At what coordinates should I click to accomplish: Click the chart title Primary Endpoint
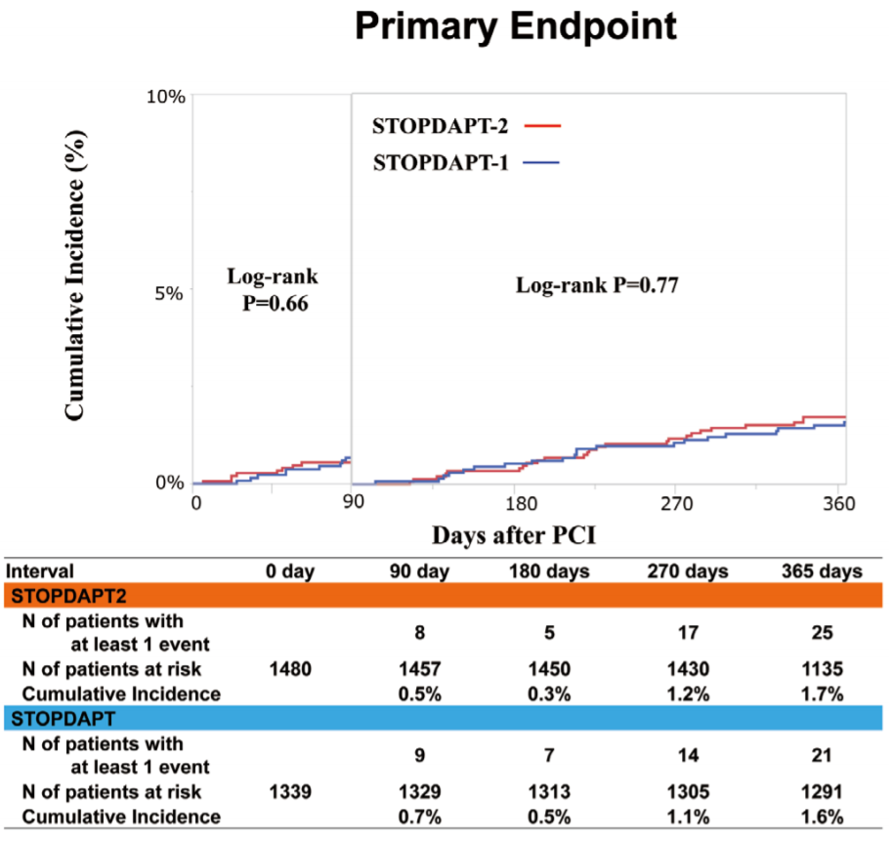click(515, 26)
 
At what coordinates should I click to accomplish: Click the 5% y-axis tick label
click(169, 291)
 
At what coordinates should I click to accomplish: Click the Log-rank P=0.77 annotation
click(597, 286)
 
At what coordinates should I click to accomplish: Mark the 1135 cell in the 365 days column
click(823, 671)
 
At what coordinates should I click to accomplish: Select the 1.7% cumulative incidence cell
click(823, 695)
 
